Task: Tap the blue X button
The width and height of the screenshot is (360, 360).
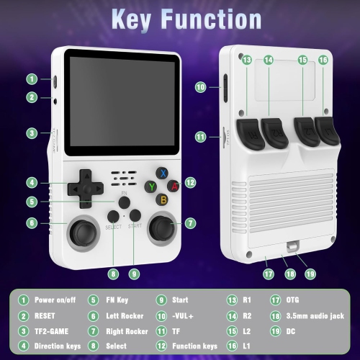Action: (164, 173)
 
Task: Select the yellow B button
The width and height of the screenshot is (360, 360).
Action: (163, 199)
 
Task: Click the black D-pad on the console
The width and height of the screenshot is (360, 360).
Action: (85, 186)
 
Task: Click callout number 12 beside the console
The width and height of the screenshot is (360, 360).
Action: (190, 183)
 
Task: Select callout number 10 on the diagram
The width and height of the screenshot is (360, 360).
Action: (201, 87)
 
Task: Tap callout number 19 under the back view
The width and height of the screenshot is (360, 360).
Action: (310, 274)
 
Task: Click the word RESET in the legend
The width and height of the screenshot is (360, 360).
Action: (45, 315)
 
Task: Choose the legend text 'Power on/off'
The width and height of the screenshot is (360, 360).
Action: (55, 300)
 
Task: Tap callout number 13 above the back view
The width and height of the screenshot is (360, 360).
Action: (247, 60)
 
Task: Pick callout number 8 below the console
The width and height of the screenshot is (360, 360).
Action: (113, 274)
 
